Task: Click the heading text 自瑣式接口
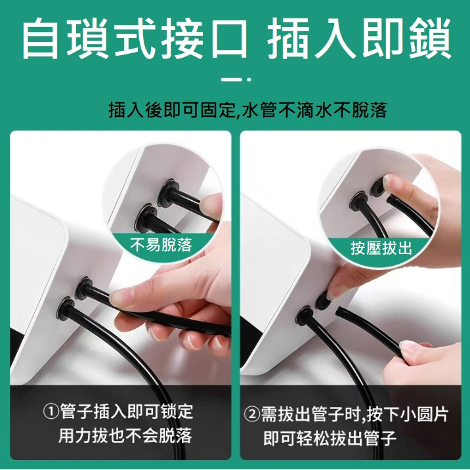(x=135, y=38)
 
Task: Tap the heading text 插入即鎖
(x=359, y=38)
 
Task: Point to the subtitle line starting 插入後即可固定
(x=247, y=110)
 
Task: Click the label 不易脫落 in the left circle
(x=161, y=245)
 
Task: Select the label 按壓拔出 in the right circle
(x=381, y=248)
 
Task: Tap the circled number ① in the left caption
(x=51, y=412)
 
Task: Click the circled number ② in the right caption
(x=252, y=415)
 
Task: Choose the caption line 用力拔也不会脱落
(x=125, y=435)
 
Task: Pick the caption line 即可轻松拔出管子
(x=330, y=438)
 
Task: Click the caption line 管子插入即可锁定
(x=127, y=412)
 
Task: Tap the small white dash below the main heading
(x=231, y=79)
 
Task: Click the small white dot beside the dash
(x=249, y=79)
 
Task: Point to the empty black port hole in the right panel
(x=322, y=301)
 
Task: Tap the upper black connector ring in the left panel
(x=83, y=288)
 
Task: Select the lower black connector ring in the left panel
(x=66, y=309)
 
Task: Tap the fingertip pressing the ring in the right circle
(x=391, y=182)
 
